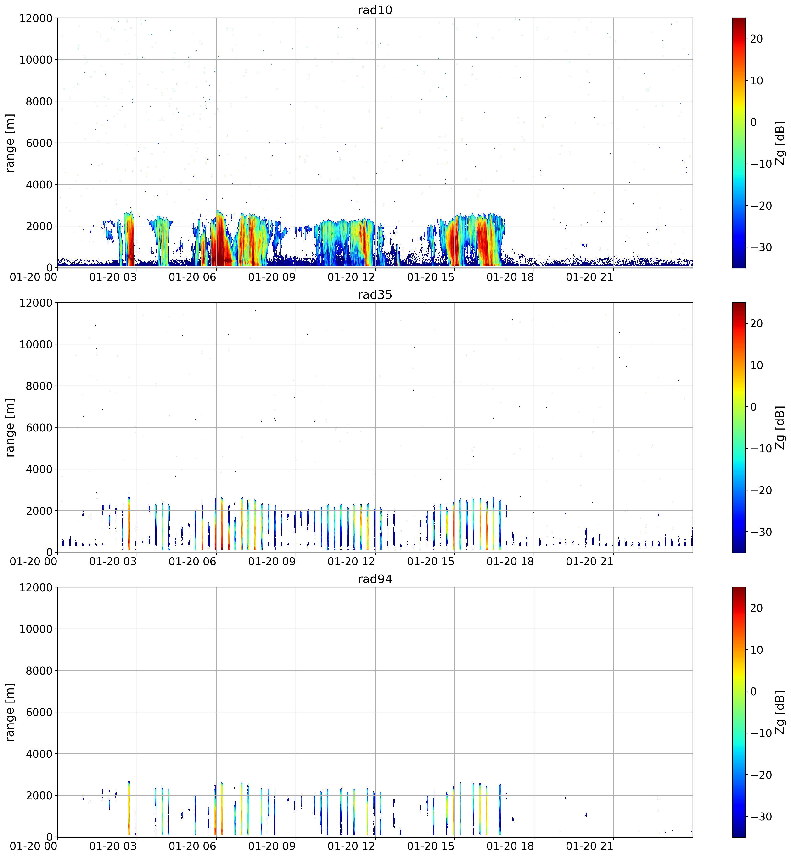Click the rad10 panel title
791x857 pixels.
[375, 10]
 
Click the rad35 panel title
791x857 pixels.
[375, 294]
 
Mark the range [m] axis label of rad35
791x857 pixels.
[10, 427]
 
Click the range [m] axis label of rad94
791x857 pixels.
[10, 712]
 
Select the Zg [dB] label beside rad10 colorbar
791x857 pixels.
[780, 143]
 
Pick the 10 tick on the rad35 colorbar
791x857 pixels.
[756, 365]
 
